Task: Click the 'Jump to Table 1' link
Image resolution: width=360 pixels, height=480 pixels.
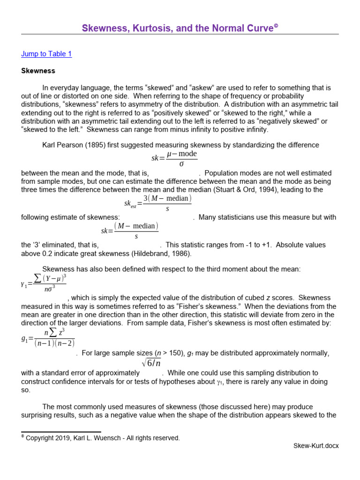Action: click(46, 54)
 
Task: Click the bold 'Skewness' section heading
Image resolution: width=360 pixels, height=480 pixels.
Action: click(38, 71)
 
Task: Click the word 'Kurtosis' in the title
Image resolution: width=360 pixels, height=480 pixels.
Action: click(144, 29)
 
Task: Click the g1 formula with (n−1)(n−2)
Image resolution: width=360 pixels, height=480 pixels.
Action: click(48, 337)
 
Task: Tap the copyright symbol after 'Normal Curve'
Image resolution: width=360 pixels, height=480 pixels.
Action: click(276, 27)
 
